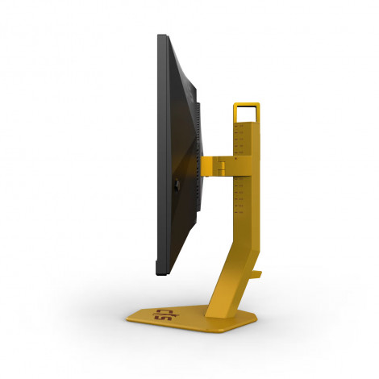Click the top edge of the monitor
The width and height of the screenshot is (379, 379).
pyautogui.click(x=162, y=36)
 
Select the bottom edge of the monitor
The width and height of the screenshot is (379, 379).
pyautogui.click(x=162, y=275)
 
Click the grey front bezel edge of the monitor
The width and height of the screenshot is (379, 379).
pyautogui.click(x=159, y=161)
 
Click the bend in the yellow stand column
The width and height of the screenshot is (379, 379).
pyautogui.click(x=242, y=242)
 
